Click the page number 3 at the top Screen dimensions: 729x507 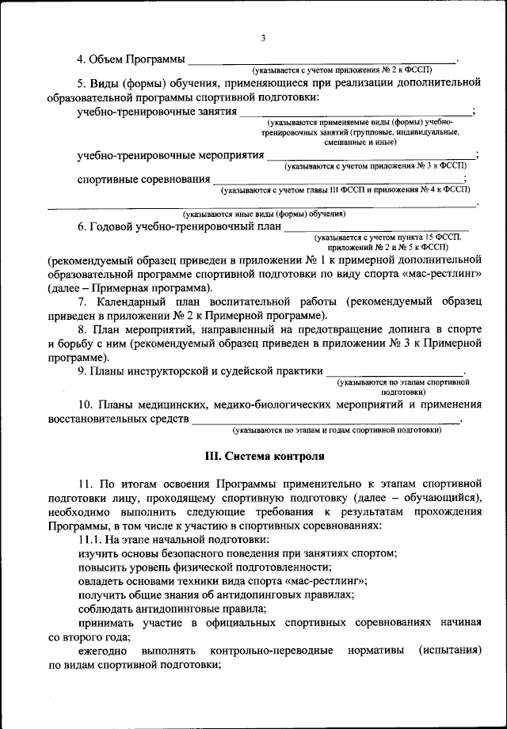tap(263, 38)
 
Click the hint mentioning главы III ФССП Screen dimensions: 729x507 tap(345, 191)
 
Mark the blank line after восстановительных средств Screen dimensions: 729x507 tap(326, 420)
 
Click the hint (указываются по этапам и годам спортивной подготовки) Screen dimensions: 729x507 tap(337, 431)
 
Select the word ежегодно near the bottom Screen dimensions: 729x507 tap(102, 651)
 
